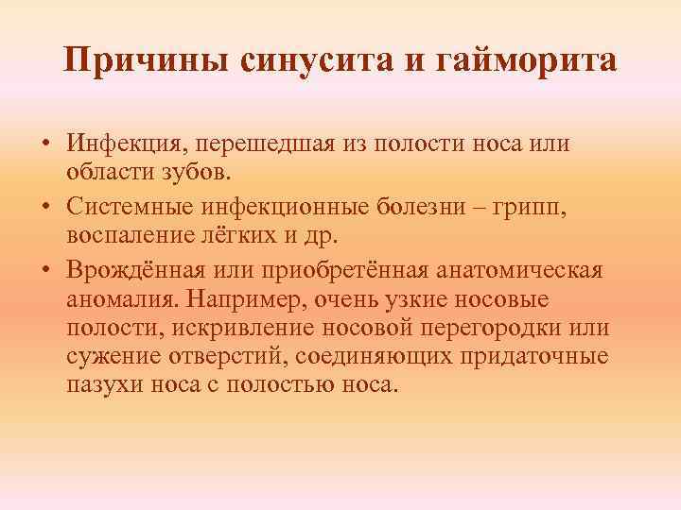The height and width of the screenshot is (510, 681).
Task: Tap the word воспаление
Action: (x=125, y=235)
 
